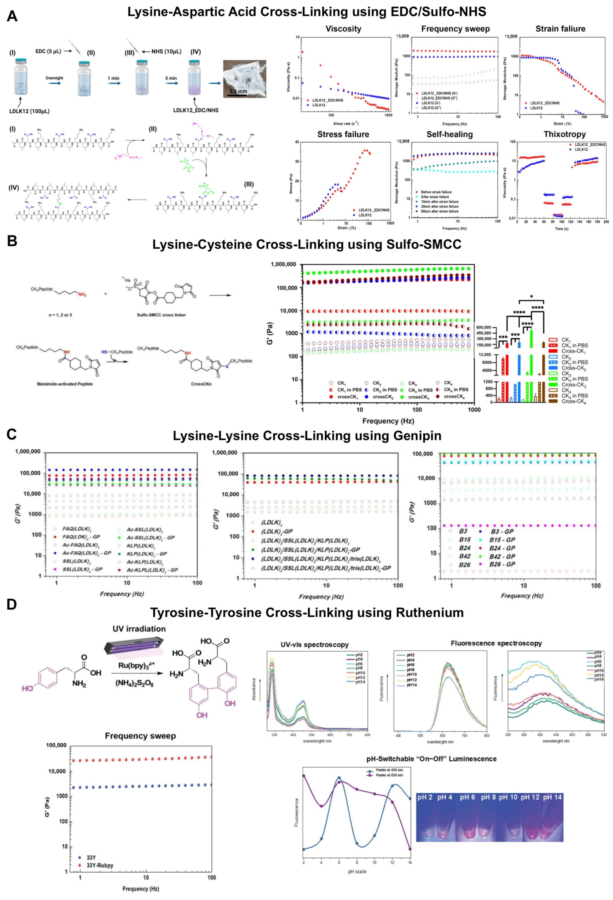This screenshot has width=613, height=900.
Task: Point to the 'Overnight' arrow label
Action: (x=54, y=78)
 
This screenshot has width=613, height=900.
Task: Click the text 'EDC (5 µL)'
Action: (x=48, y=51)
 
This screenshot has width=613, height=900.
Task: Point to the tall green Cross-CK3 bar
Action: (x=532, y=364)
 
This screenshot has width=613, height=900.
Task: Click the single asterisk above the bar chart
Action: (x=532, y=297)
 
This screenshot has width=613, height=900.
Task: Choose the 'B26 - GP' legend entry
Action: (x=502, y=564)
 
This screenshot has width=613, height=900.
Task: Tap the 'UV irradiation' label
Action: (x=139, y=628)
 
